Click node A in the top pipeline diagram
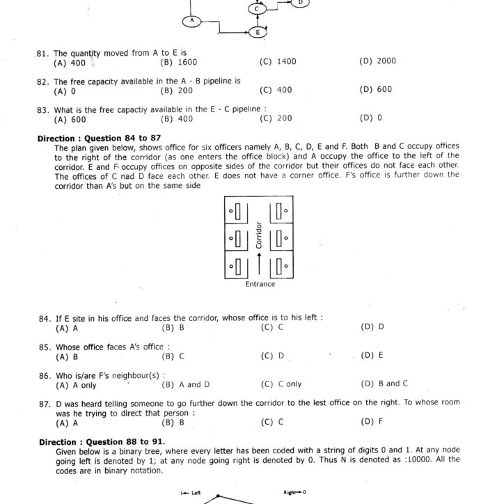click(x=191, y=22)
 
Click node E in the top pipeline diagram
click(x=258, y=32)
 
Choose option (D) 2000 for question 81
click(x=377, y=61)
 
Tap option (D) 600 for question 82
click(x=376, y=90)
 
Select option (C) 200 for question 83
click(x=276, y=118)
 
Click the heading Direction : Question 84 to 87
click(x=99, y=139)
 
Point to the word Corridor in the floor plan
click(x=258, y=236)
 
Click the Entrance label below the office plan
click(x=260, y=284)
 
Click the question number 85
click(x=44, y=347)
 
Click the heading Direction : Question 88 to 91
click(x=102, y=442)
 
